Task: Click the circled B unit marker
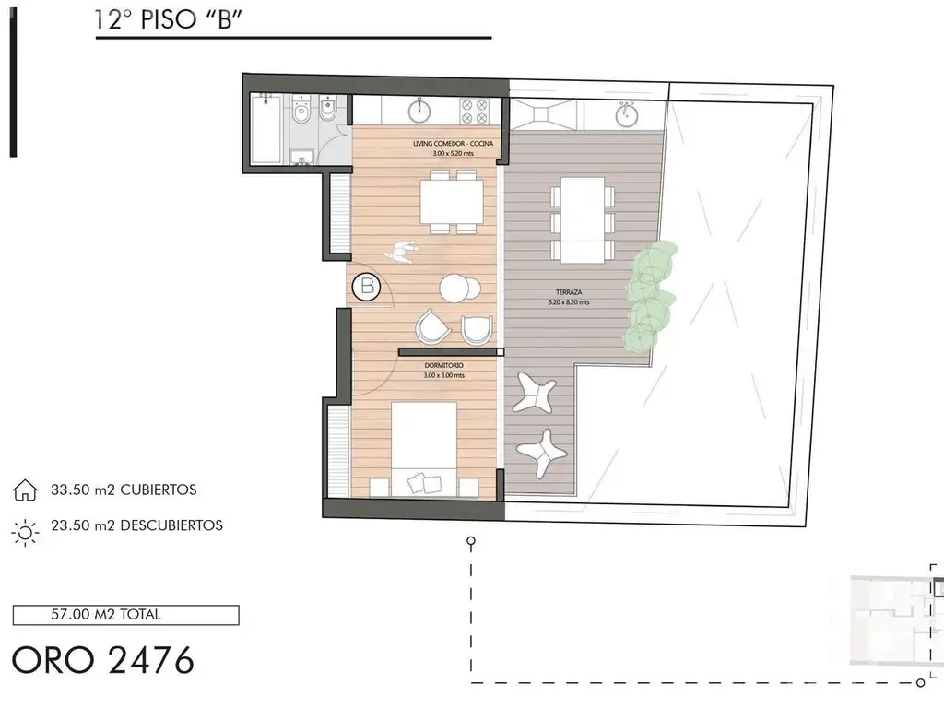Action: tap(367, 287)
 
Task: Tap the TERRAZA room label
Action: tap(568, 292)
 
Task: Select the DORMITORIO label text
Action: tap(443, 365)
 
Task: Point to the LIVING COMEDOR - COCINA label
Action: tap(453, 144)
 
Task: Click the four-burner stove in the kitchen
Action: tap(474, 112)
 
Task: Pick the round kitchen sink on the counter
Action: tap(419, 111)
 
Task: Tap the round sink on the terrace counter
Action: tap(627, 113)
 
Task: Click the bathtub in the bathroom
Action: tap(265, 128)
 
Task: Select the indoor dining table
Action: tap(452, 202)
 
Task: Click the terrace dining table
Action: tap(583, 219)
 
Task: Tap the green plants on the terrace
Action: tap(650, 295)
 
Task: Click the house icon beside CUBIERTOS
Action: tap(25, 490)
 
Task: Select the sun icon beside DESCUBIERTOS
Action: tap(25, 532)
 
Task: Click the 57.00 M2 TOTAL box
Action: tap(125, 615)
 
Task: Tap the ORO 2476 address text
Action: tap(103, 660)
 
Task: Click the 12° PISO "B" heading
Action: tap(168, 19)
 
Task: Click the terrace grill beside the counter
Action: tap(546, 114)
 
